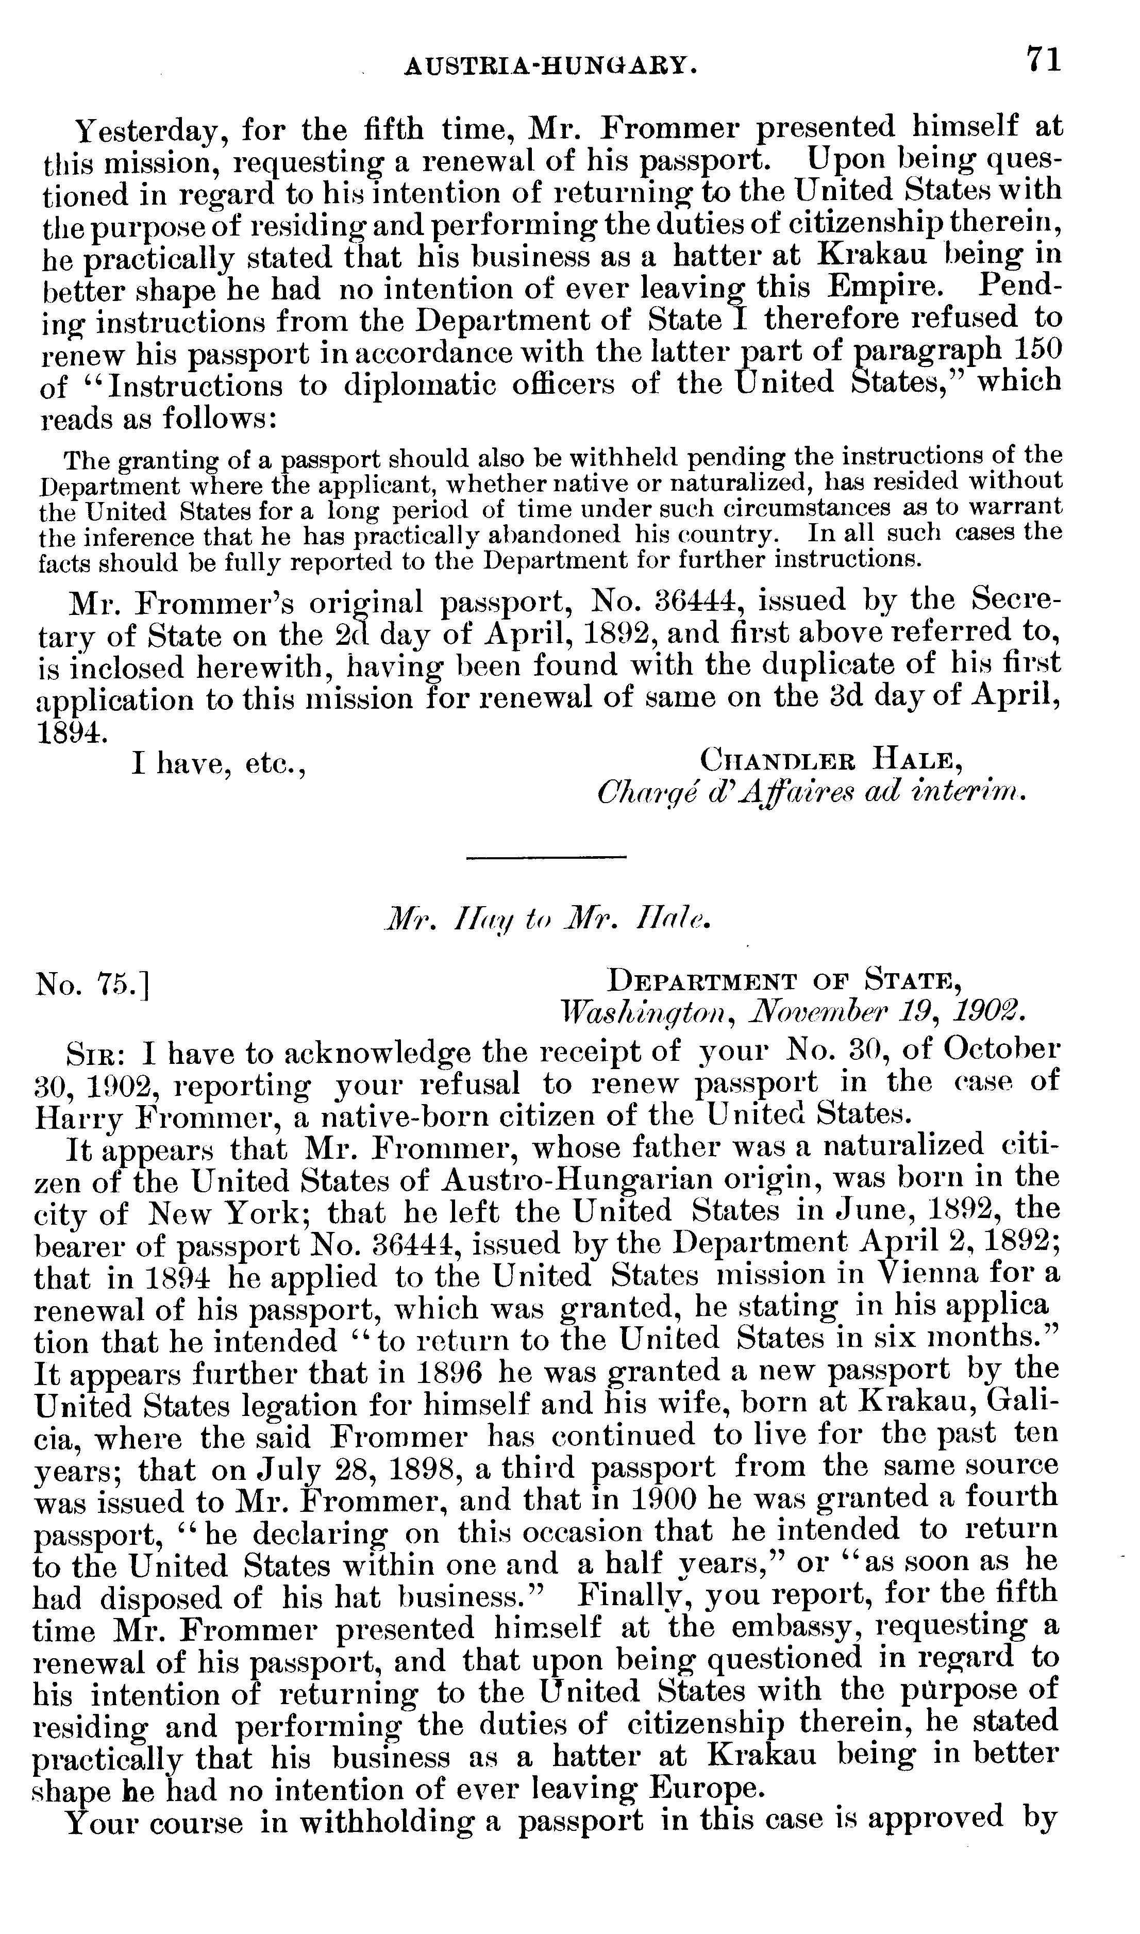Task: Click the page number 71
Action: coord(1043,59)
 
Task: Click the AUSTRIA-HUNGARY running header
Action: coord(551,68)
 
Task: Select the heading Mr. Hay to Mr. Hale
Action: coord(548,920)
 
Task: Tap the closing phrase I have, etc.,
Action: coord(219,765)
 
